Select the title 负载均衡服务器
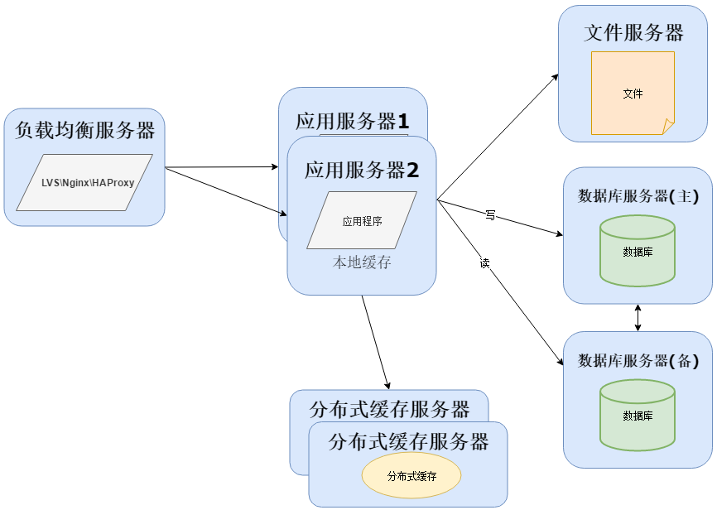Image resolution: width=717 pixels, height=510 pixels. click(x=85, y=131)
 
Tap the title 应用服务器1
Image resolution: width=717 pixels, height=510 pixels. click(x=353, y=122)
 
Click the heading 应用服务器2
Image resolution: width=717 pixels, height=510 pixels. click(x=362, y=171)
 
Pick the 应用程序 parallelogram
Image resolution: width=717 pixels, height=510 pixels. click(x=362, y=221)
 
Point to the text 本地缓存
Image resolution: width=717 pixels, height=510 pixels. click(x=362, y=263)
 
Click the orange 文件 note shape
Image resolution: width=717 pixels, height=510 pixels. click(x=633, y=93)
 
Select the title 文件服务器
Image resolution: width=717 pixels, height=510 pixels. click(x=633, y=33)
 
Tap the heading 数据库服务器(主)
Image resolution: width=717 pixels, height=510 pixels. click(x=638, y=197)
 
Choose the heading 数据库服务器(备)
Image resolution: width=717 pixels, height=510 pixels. click(x=638, y=361)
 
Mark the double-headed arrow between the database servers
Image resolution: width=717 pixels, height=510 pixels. click(x=638, y=318)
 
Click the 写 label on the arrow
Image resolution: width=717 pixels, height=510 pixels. click(x=490, y=215)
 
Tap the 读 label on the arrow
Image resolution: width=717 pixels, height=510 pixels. click(x=484, y=263)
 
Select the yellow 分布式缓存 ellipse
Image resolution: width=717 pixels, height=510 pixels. click(x=411, y=476)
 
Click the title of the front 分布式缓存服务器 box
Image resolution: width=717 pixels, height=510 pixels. click(x=408, y=440)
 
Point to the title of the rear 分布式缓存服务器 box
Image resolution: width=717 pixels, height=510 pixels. click(x=389, y=409)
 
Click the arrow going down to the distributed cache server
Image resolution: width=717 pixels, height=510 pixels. click(x=375, y=341)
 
